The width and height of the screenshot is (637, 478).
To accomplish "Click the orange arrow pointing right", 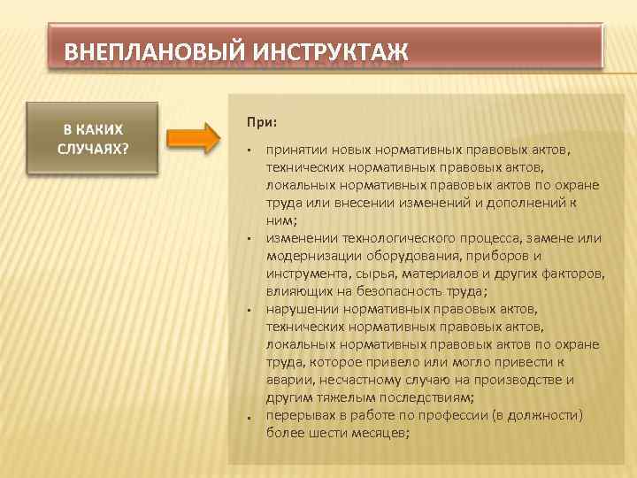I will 193,139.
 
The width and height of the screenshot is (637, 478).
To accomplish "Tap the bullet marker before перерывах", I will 251,416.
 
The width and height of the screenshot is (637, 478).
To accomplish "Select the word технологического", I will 390,238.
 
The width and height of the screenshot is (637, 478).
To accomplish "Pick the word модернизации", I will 309,256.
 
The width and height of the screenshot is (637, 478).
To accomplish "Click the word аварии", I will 287,380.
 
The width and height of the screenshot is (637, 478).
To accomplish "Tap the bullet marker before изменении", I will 251,239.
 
